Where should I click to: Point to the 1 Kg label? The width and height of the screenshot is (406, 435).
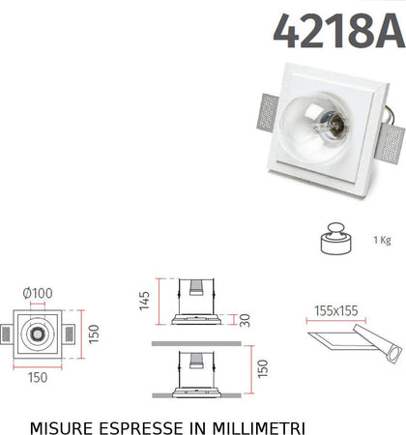382,240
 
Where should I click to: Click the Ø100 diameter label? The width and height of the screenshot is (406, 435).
39,292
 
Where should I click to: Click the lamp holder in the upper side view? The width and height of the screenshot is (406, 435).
195,290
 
